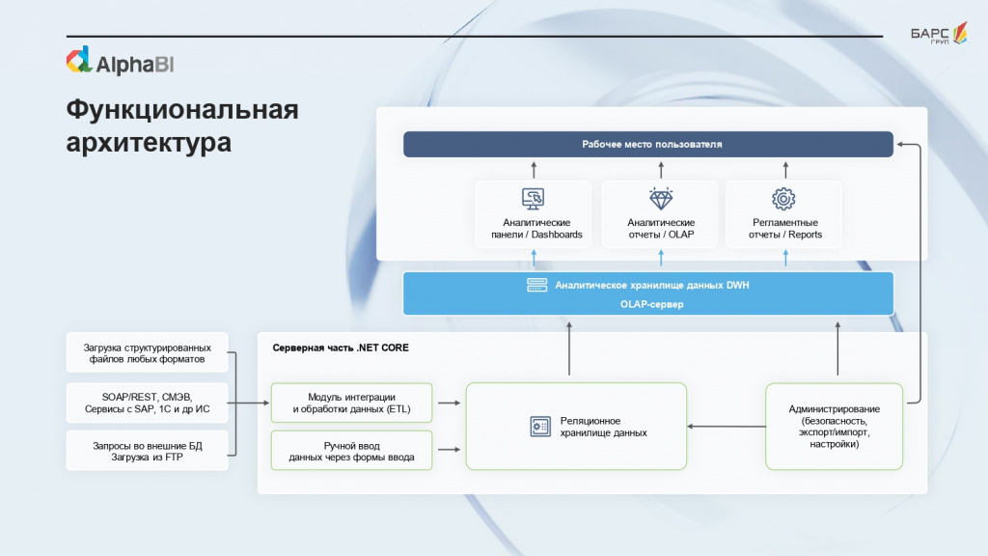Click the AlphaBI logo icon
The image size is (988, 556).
pos(78,60)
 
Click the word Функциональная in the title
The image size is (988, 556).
pos(181,109)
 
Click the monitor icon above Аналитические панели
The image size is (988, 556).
pos(533,199)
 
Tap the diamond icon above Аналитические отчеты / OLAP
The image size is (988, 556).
pos(661,199)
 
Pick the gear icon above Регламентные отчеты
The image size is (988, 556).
pos(783,199)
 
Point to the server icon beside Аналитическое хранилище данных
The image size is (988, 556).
pos(537,285)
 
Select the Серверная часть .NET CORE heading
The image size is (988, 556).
pos(340,347)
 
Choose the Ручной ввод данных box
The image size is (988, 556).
pos(351,451)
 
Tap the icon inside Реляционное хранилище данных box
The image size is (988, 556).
pos(539,427)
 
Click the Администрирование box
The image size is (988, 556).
pos(834,427)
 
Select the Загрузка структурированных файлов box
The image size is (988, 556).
pos(148,353)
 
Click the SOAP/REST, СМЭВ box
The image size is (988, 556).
pos(148,403)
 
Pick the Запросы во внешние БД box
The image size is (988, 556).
pos(148,451)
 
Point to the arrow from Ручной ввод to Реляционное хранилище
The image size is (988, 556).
pos(449,449)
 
